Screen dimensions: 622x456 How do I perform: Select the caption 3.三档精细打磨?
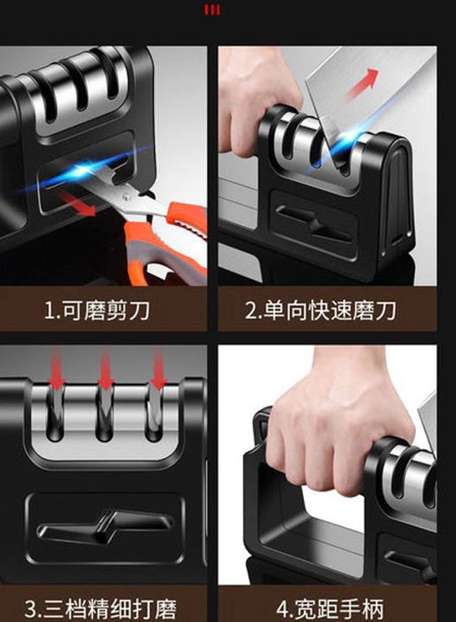pyautogui.click(x=100, y=609)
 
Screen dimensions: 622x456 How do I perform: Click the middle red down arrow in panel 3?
pyautogui.click(x=105, y=369)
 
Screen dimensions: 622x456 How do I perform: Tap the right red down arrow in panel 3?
pyautogui.click(x=158, y=369)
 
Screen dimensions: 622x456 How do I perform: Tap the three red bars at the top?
pyautogui.click(x=212, y=10)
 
